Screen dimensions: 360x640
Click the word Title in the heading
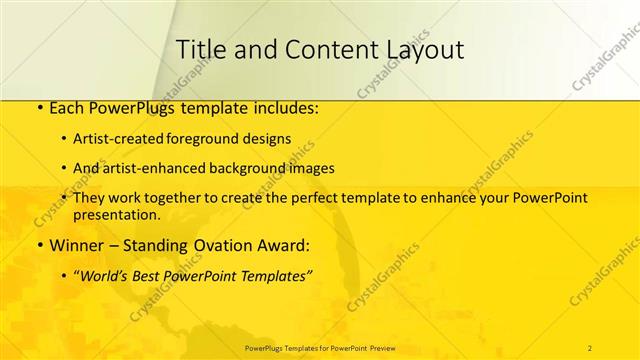197,49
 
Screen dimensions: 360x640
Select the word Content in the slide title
316,49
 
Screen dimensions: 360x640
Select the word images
309,168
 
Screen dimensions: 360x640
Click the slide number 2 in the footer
591,347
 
